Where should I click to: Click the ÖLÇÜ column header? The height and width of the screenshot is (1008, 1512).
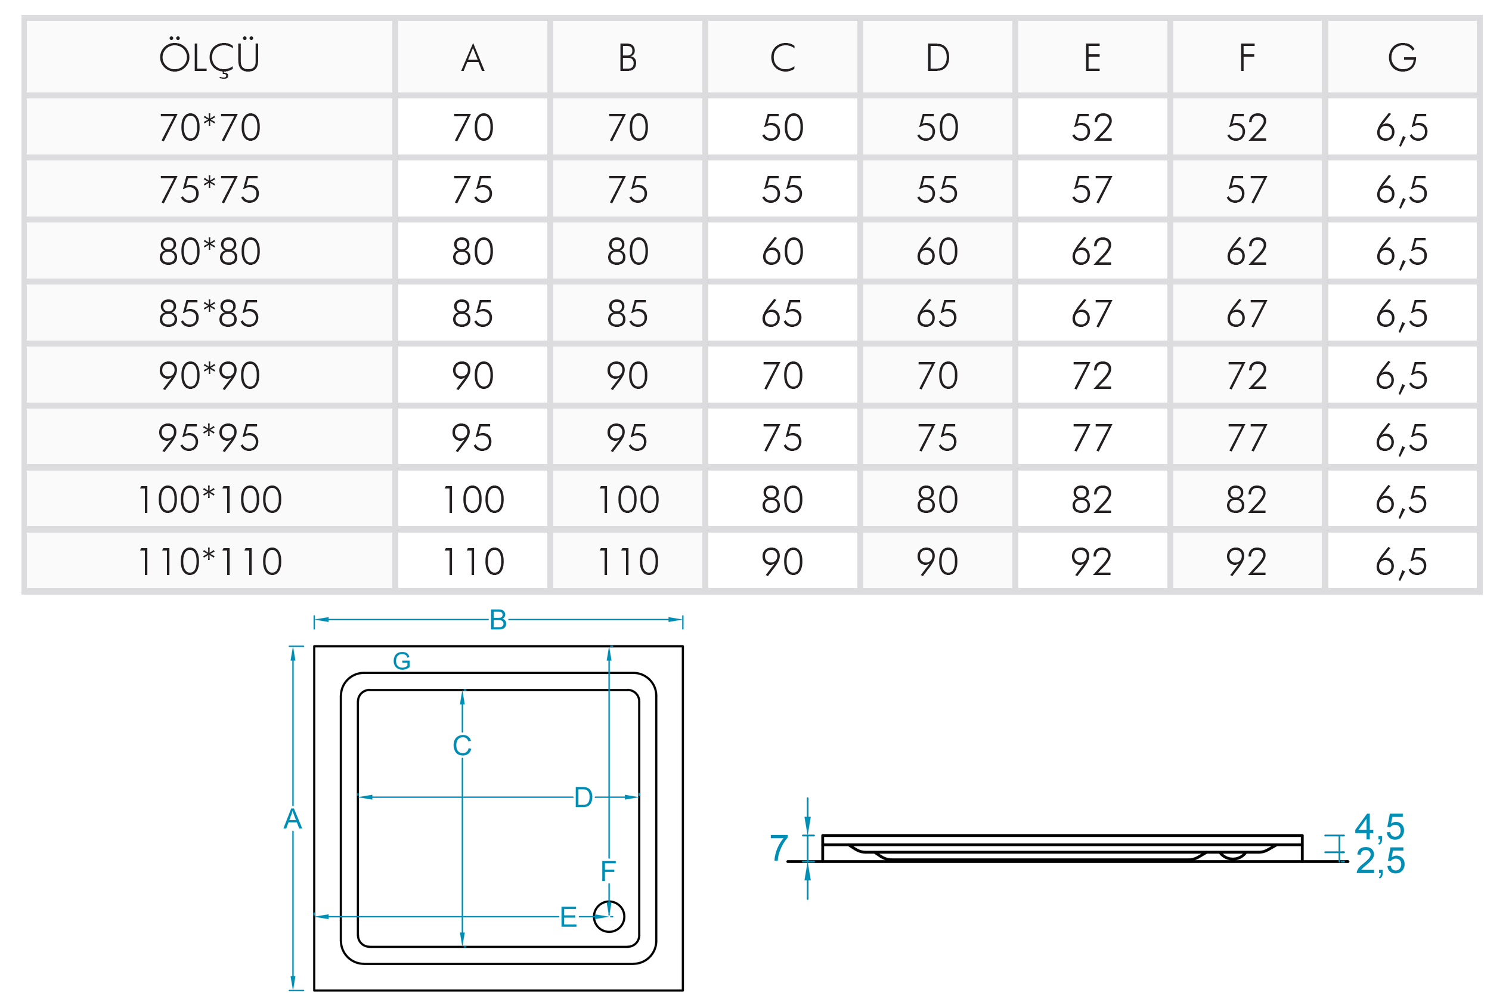209,58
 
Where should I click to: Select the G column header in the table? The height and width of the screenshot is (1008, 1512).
1402,58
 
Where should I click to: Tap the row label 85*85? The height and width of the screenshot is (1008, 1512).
209,314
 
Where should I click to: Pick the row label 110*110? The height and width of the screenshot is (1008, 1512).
209,561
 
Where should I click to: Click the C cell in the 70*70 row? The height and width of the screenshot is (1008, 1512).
782,127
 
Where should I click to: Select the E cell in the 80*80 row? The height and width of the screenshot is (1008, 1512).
1092,251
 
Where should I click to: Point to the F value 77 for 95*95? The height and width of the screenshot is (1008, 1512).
1247,438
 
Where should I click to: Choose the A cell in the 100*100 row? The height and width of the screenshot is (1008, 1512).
473,499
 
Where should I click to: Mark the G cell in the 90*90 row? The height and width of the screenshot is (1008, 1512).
1402,375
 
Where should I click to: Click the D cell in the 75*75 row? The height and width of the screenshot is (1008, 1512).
937,190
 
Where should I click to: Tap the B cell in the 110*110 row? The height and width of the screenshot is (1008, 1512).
628,561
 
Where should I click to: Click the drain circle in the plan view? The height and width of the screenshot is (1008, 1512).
609,916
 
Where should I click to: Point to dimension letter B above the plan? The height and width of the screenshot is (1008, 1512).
498,620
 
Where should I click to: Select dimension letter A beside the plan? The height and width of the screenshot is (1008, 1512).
293,819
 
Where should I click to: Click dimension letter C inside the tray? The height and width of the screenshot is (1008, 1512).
462,746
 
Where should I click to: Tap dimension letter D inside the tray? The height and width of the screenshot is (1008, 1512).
583,797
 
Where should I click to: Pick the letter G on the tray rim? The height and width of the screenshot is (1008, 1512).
402,661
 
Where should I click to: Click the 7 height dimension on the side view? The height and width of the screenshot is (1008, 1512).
779,848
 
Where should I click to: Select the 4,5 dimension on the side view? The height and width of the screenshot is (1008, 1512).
1380,827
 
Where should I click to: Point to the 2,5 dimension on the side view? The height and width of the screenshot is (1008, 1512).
1380,861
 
